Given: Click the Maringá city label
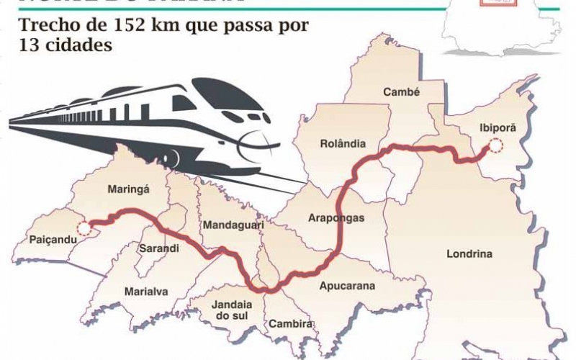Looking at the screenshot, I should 127,190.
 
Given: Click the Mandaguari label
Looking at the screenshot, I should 233,225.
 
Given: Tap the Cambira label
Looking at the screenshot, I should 291,324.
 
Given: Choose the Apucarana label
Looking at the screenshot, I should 347,286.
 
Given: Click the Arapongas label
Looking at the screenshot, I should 336,217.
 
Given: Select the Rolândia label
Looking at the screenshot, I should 343,143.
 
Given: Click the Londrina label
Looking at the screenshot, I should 469,254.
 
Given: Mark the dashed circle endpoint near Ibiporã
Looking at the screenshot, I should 495,147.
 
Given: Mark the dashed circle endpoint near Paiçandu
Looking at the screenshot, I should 84,229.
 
